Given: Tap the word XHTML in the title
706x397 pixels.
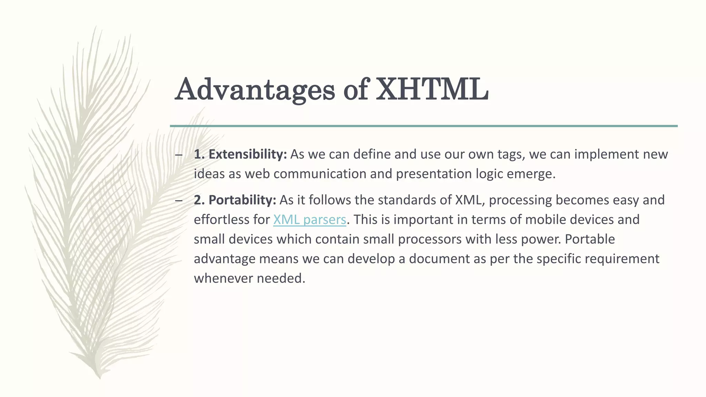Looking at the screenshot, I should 432,89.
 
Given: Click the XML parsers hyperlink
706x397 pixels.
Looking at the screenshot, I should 309,220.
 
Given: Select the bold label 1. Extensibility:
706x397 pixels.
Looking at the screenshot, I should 240,154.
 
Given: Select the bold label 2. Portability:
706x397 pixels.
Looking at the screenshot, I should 235,200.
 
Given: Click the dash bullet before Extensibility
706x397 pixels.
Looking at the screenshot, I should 179,155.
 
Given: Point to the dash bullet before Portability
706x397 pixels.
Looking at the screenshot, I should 179,201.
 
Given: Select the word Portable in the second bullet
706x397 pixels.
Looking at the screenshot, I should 589,239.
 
